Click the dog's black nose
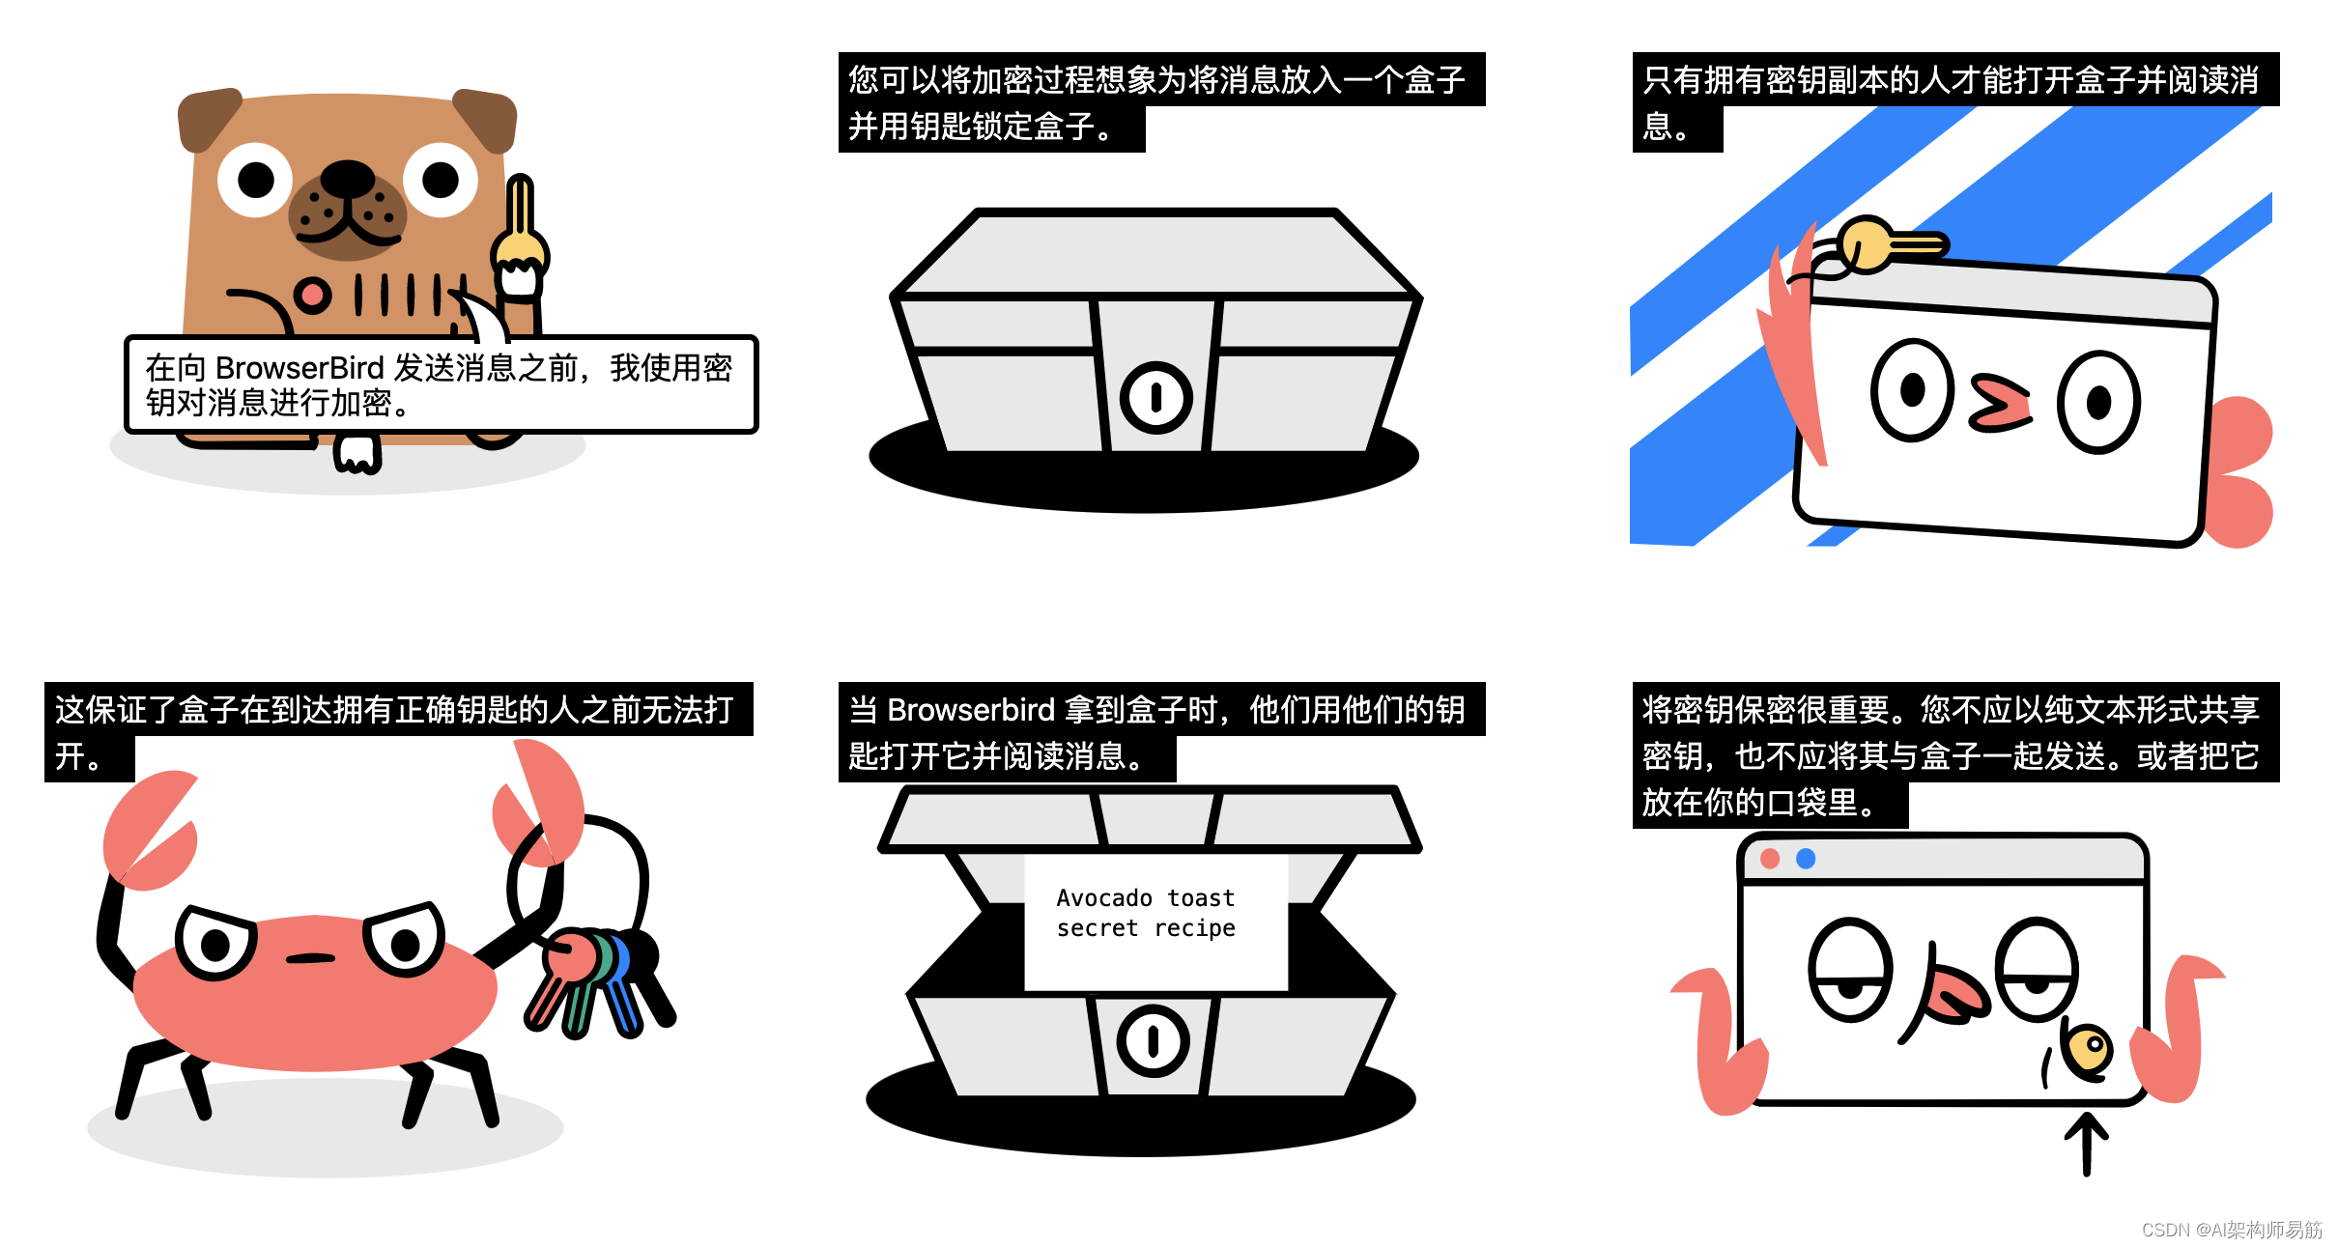coord(347,179)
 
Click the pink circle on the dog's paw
coord(311,295)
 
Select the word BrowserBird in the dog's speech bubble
coord(299,368)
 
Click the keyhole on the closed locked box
coord(1155,397)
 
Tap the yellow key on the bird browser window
coord(1884,243)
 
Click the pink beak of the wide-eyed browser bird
coord(2000,404)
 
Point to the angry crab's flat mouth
coord(310,958)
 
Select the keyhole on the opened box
coord(1153,1040)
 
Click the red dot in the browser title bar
coord(1770,859)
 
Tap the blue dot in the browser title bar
coord(1805,859)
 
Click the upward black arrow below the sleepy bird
coord(2086,1144)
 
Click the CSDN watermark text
coord(2231,1230)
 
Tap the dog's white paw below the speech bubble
coord(356,454)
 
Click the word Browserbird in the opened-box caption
coord(970,710)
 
